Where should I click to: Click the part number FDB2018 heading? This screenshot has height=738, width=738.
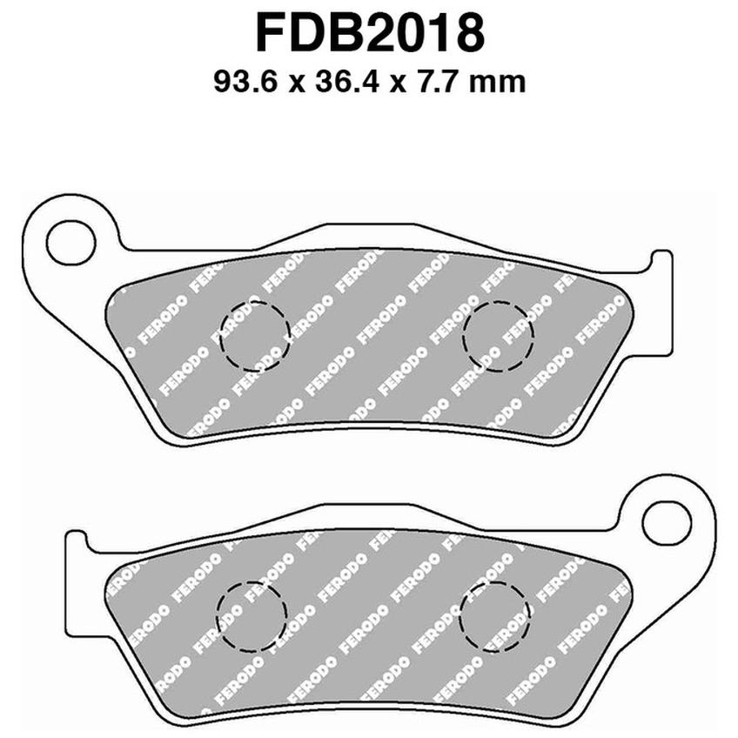coord(370,34)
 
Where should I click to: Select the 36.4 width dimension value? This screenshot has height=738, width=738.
coord(346,82)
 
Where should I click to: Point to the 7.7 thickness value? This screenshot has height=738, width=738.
coord(434,82)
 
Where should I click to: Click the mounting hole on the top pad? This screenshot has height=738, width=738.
coord(71,243)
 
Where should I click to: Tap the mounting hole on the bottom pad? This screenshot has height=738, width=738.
coord(667,523)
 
